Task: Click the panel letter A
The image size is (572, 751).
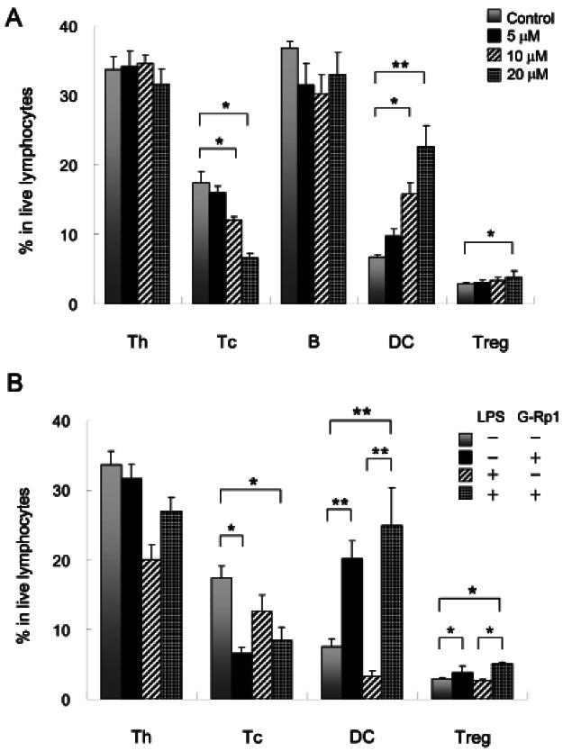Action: point(14,17)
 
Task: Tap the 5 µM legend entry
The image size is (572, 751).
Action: point(524,33)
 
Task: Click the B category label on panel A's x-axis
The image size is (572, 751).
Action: point(316,343)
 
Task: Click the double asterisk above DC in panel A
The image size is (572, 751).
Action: point(409,66)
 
